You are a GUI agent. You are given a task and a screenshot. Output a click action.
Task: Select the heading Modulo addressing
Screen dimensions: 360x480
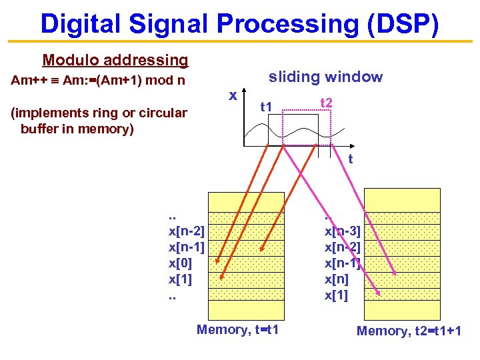point(115,60)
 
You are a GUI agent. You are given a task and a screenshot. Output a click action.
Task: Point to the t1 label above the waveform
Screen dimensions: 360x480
point(267,106)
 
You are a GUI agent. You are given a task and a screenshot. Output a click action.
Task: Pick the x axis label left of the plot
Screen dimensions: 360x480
point(233,95)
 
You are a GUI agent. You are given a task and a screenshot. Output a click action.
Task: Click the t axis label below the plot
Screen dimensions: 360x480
point(350,159)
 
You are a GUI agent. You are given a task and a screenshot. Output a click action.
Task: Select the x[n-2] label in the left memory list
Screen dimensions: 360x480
point(187,231)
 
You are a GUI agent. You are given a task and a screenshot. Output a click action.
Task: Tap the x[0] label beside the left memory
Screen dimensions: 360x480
point(180,263)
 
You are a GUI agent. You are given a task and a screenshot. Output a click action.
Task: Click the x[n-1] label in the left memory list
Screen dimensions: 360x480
point(187,247)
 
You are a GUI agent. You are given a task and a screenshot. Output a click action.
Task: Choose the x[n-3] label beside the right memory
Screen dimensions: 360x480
point(343,231)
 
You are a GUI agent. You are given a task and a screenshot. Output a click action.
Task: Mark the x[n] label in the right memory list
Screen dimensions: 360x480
point(337,279)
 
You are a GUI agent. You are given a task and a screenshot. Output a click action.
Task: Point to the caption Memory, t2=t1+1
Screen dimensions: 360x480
point(409,331)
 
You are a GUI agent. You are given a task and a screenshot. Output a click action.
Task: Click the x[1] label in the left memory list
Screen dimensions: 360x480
point(180,279)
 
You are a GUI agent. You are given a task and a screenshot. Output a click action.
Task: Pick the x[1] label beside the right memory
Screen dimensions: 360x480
point(336,295)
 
